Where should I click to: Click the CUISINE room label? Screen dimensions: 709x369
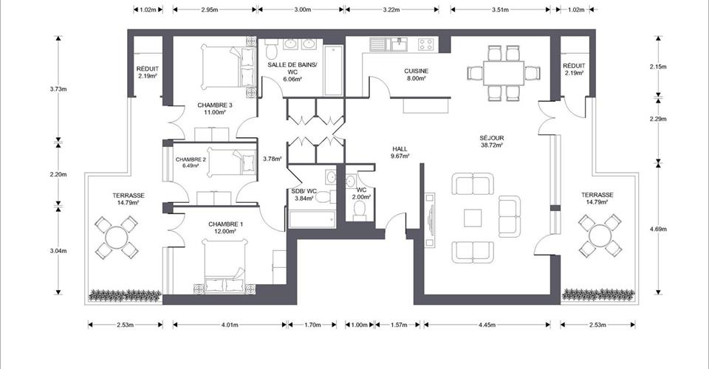416,71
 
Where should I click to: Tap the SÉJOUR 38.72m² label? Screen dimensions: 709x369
492,142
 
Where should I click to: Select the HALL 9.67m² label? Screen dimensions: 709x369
400,152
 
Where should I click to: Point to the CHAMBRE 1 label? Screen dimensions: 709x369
226,224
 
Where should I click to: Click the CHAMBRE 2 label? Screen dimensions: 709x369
191,159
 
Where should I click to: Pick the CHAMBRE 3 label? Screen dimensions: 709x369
215,106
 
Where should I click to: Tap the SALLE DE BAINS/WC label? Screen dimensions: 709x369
292,68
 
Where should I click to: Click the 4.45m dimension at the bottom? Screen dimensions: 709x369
487,324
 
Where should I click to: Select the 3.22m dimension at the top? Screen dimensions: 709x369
391,9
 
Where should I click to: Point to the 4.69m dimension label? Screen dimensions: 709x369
658,229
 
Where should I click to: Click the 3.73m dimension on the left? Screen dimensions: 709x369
58,89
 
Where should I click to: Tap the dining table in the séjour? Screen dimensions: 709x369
503,73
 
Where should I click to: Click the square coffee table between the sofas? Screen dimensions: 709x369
473,218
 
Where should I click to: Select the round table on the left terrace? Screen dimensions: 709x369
116,237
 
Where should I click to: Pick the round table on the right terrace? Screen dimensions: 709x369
600,235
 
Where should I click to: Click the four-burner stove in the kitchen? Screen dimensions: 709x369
426,44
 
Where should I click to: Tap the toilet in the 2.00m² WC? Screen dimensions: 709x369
360,210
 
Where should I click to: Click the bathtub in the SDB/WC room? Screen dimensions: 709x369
312,219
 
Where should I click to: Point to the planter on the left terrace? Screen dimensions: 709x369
125,295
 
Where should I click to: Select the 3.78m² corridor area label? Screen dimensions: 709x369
273,159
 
